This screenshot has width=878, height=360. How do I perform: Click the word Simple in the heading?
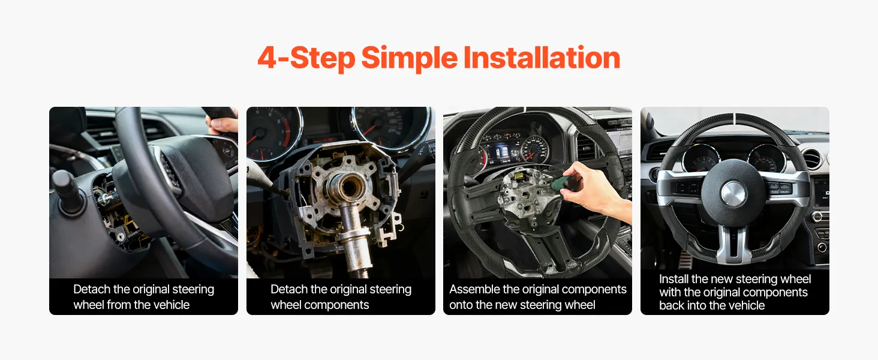click(x=409, y=58)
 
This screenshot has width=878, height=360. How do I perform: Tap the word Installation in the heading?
click(x=542, y=58)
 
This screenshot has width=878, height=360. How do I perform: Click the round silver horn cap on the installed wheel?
click(x=733, y=193)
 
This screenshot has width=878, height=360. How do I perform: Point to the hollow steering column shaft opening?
click(x=348, y=187)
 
